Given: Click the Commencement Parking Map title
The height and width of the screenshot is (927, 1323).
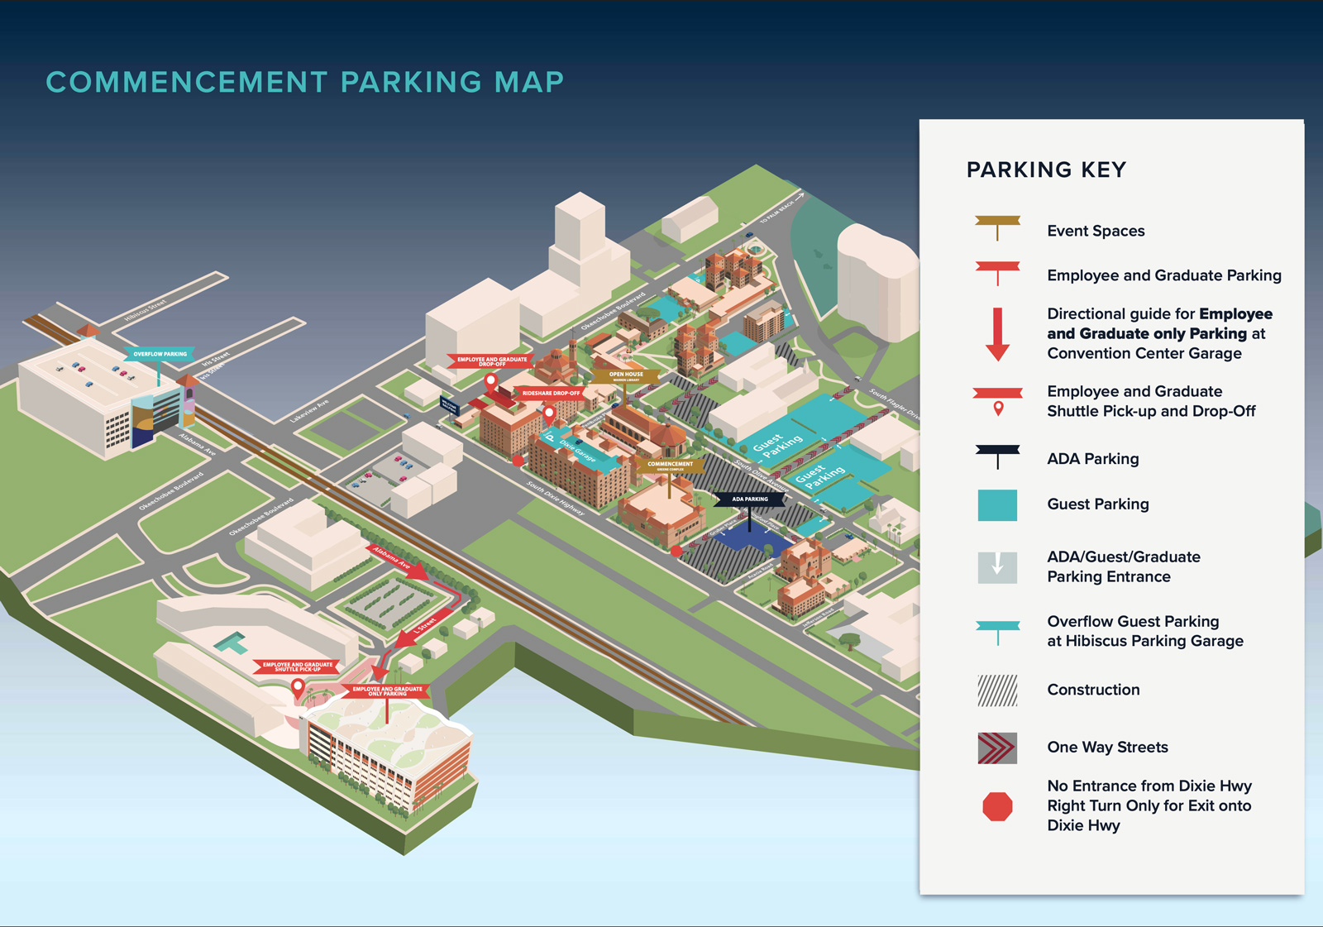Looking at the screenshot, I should [305, 83].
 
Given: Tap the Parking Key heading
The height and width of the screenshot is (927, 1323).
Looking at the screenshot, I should [1046, 170].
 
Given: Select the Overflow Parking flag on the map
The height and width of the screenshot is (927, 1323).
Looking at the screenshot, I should [160, 354].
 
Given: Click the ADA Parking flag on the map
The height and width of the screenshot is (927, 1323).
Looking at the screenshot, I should [750, 499].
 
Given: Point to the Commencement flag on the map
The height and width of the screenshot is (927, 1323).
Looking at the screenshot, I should [670, 465].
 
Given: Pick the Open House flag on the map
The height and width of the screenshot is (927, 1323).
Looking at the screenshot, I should [626, 375].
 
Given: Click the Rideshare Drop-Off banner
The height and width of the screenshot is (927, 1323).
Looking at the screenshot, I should [551, 394].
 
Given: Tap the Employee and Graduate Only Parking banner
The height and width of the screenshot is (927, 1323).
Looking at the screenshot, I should [387, 690].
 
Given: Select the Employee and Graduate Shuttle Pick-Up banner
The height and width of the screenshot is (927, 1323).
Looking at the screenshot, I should [298, 666].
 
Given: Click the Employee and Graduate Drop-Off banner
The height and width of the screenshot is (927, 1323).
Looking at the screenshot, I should [492, 361].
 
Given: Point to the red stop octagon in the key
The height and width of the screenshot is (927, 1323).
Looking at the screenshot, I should [997, 806].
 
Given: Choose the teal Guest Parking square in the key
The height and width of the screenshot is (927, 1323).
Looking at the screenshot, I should [997, 505].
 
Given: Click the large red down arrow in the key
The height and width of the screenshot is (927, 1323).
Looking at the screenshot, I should [998, 334].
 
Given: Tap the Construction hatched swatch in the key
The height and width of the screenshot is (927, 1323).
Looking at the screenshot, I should [997, 690].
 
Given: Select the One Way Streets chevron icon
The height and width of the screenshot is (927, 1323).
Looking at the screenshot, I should [997, 748].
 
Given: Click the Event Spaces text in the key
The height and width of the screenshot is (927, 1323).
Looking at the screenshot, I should [1096, 232].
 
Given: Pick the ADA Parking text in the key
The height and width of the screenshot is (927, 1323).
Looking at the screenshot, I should [1092, 459].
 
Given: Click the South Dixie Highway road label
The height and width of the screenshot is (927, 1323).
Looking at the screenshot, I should [556, 498].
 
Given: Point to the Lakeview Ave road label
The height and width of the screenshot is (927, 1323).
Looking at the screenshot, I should [310, 411].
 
